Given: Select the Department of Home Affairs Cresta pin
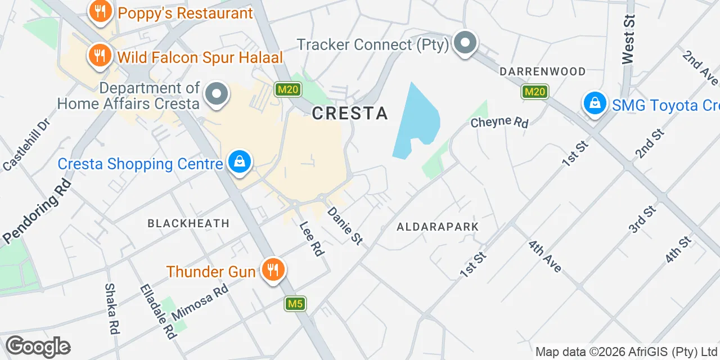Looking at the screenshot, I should [x=217, y=95].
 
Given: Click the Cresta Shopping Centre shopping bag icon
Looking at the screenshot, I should [x=240, y=163].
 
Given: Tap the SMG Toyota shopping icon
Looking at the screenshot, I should [x=595, y=103].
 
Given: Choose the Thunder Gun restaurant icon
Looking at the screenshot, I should [x=273, y=271].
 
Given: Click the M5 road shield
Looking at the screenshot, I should [x=295, y=304].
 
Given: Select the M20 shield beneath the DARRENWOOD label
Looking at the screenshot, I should [x=534, y=92].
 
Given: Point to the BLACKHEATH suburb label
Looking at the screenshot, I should [x=188, y=223].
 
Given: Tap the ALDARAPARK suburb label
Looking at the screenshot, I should [x=438, y=227].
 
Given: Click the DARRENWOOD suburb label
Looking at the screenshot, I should [x=543, y=71].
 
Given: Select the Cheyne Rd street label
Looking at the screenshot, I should [x=499, y=122].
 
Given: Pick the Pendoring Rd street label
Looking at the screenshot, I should [x=37, y=211].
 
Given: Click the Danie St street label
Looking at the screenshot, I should [x=345, y=226].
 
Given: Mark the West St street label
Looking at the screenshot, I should [x=628, y=39].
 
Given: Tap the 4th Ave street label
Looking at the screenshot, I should [x=544, y=256].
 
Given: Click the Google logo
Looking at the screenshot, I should [x=38, y=346].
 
